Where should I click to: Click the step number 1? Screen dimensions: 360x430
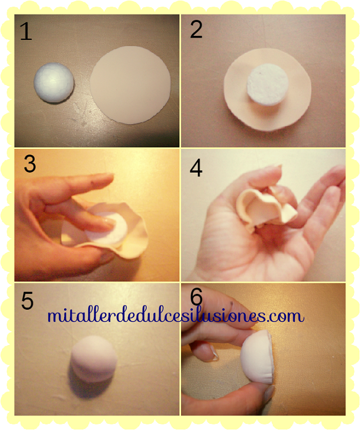(x=26, y=31)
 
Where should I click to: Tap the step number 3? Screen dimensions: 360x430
(x=30, y=164)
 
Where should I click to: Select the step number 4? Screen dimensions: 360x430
(x=196, y=168)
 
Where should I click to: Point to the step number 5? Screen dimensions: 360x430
(x=27, y=301)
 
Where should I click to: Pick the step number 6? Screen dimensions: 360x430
(x=196, y=296)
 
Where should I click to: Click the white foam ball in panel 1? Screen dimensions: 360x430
(x=54, y=83)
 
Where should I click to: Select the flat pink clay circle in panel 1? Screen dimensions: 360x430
(x=130, y=85)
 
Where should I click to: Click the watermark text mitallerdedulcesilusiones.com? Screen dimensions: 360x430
(x=175, y=316)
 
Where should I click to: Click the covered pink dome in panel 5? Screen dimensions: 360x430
(x=93, y=359)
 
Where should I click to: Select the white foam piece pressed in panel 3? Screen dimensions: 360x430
(x=107, y=228)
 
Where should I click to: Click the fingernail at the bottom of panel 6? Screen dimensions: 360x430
(x=269, y=393)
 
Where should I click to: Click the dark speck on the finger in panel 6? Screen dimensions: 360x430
(x=232, y=304)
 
